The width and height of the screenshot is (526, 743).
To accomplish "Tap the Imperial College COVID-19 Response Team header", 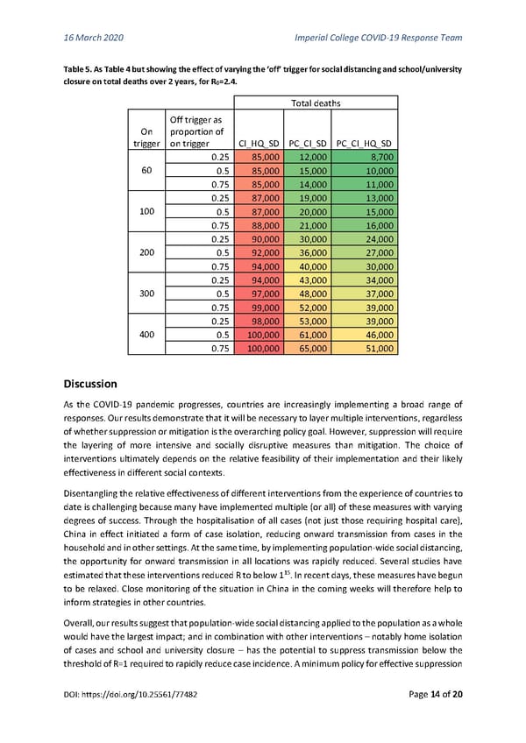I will pos(375,38).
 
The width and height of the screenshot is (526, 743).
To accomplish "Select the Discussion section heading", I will pos(96,408).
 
